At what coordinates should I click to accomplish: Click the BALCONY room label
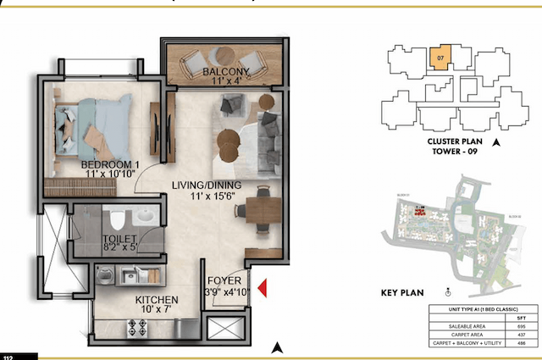(x=225, y=73)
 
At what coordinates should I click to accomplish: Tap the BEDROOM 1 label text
(x=110, y=164)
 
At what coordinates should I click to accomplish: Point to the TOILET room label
(x=119, y=240)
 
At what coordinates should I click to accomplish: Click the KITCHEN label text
(x=157, y=300)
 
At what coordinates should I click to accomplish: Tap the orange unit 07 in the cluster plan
(x=440, y=58)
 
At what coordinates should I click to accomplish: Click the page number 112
(x=8, y=357)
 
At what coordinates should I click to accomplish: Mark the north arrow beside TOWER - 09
(x=496, y=144)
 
